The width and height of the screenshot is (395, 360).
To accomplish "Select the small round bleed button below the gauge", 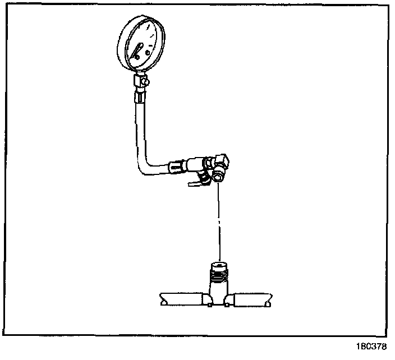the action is coord(146,82).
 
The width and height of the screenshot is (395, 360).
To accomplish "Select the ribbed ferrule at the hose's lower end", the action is coord(176,166).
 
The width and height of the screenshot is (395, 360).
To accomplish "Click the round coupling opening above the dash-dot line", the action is coord(217,178).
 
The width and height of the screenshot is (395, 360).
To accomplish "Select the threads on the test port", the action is coord(219,276).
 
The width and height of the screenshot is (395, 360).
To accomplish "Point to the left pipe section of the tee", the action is coord(182,299).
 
